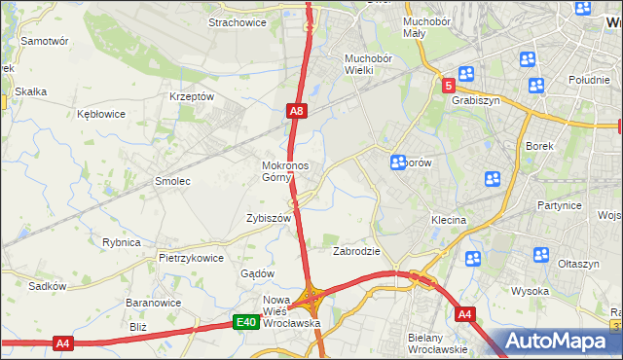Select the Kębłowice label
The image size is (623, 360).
pyautogui.click(x=101, y=114)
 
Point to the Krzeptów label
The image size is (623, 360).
pyautogui.click(x=191, y=96)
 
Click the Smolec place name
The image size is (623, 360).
pyautogui.click(x=172, y=181)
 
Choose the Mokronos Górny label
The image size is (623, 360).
pyautogui.click(x=285, y=171)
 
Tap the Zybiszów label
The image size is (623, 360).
pyautogui.click(x=270, y=219)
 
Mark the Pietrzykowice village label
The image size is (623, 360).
pyautogui.click(x=192, y=258)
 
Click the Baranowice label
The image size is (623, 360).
pyautogui.click(x=150, y=303)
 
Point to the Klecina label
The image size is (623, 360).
pyautogui.click(x=449, y=221)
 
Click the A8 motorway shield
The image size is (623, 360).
pyautogui.click(x=298, y=112)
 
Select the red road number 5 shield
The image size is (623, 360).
pyautogui.click(x=448, y=87)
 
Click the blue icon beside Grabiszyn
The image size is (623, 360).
pyautogui.click(x=466, y=73)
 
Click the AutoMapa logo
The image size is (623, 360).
pyautogui.click(x=560, y=342)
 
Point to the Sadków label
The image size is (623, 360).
pyautogui.click(x=47, y=286)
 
